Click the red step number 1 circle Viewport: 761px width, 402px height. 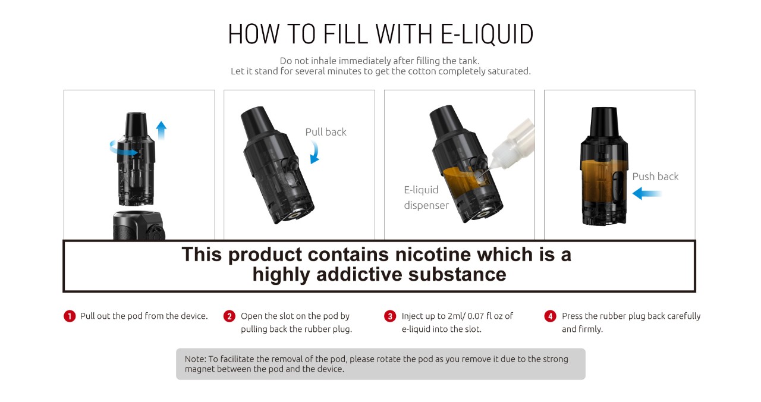70,316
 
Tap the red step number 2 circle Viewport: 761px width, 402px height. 229,316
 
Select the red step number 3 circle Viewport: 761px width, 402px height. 390,316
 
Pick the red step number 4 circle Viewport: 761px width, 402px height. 550,316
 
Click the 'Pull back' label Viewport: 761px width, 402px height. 326,132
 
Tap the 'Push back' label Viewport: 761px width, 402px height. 655,177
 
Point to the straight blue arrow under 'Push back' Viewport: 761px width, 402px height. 647,194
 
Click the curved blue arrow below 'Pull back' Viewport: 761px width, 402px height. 315,152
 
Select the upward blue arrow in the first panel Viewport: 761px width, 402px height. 161,130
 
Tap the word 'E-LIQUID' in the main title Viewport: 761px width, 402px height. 486,34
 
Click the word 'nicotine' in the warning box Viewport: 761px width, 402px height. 433,255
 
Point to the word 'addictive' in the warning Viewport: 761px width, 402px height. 359,274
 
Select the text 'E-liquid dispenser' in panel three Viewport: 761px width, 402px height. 426,197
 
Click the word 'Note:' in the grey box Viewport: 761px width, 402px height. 196,359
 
